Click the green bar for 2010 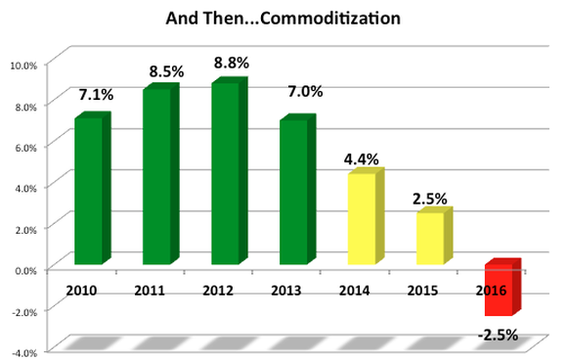[89, 191]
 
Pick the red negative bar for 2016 [498, 290]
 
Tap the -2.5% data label [498, 336]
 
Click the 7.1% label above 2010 [95, 95]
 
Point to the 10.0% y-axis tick [22, 65]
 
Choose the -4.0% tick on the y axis [22, 351]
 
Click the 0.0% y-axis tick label [23, 269]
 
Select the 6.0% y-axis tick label [23, 147]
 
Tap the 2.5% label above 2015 [429, 198]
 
